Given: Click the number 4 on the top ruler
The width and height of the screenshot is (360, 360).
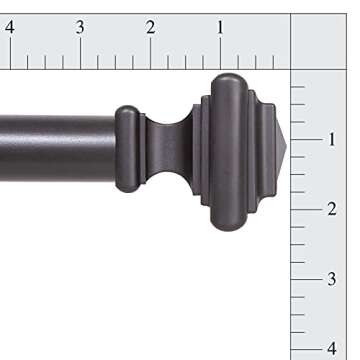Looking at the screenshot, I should click(x=9, y=27).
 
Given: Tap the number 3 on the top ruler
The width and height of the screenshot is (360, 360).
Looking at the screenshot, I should click(x=79, y=27).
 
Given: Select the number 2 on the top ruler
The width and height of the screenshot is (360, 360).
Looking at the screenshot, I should click(x=150, y=27).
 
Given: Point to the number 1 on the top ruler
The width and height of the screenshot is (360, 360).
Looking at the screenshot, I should click(x=220, y=27).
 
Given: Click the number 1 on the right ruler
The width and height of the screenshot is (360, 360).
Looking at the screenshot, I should click(x=331, y=139).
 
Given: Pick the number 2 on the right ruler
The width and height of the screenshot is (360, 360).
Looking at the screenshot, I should click(x=331, y=209).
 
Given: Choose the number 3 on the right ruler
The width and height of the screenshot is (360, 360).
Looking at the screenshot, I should click(x=331, y=279).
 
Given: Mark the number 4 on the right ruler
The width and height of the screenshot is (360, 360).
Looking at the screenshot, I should click(x=331, y=348).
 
